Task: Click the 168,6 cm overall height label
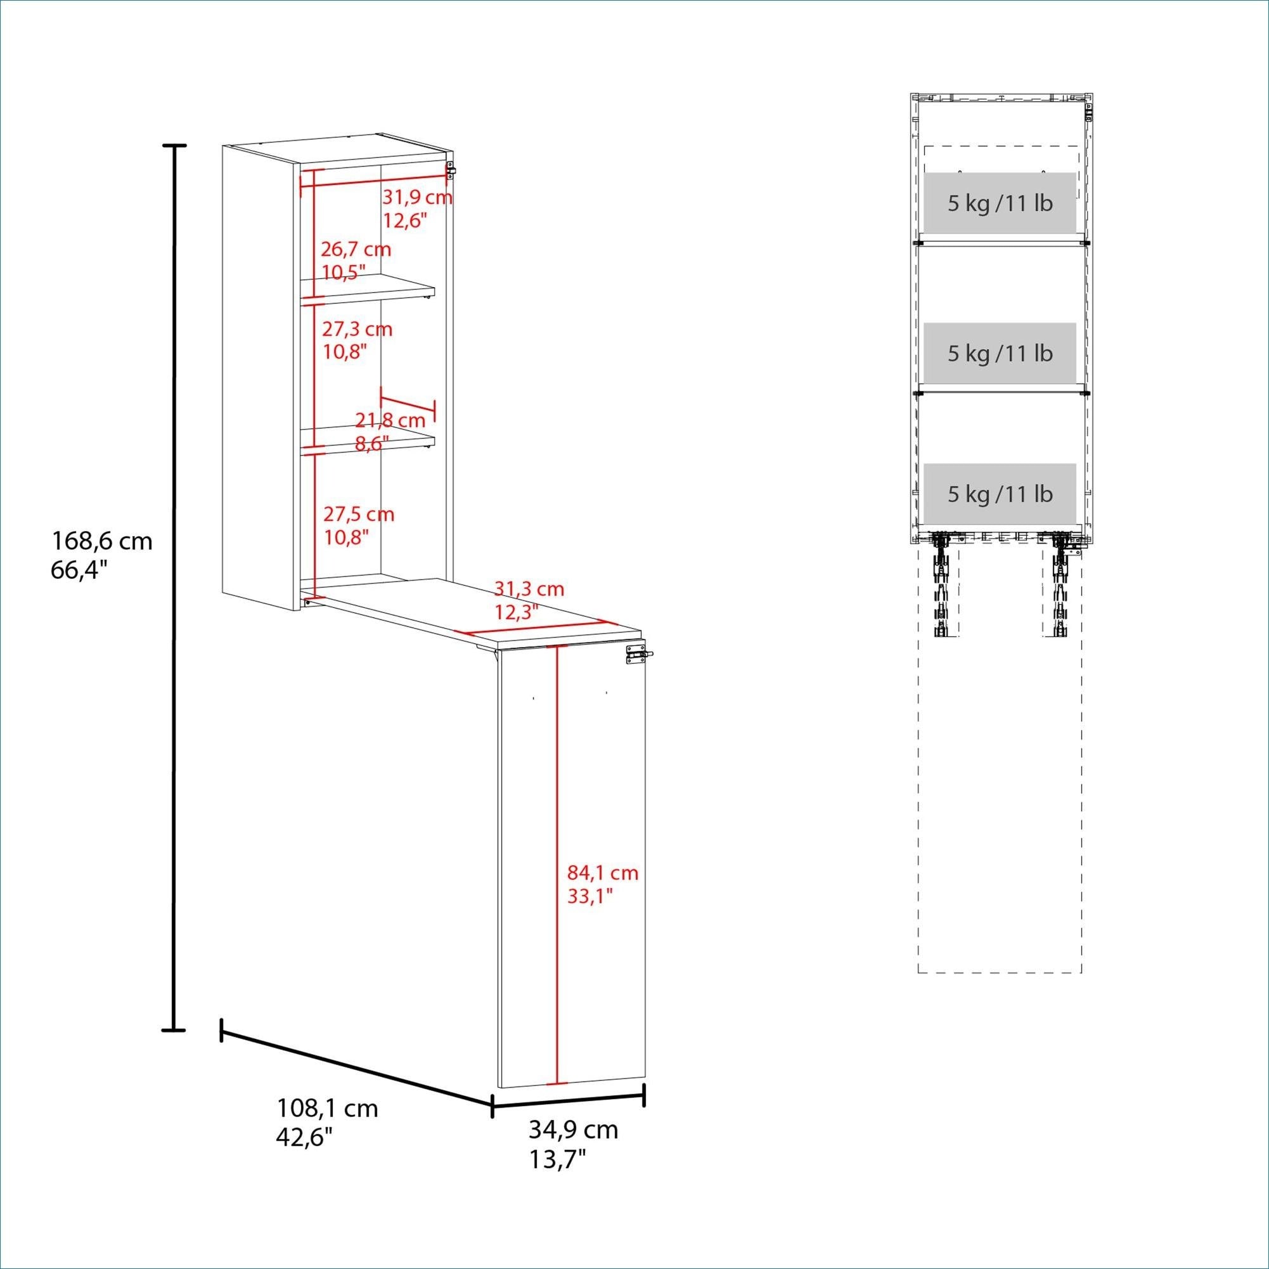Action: tap(102, 541)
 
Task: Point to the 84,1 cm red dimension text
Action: tap(603, 872)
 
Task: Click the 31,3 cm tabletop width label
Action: tap(529, 588)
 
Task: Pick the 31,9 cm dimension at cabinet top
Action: tap(418, 196)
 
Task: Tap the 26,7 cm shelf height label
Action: tap(356, 249)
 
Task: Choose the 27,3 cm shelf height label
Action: tap(358, 328)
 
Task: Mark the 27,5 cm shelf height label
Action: tap(359, 513)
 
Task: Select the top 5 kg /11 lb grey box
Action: tap(1000, 203)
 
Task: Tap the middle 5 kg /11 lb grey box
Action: tap(1000, 353)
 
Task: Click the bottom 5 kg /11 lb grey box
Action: tap(1000, 494)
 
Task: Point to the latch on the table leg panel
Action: tap(639, 655)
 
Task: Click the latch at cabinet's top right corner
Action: tap(451, 169)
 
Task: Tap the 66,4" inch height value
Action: tap(79, 570)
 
